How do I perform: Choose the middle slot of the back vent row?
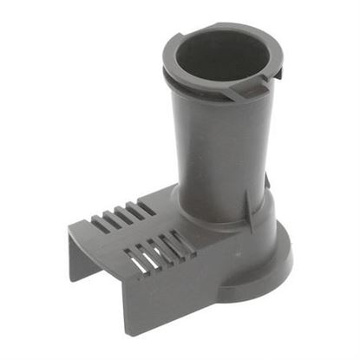(122, 217)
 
